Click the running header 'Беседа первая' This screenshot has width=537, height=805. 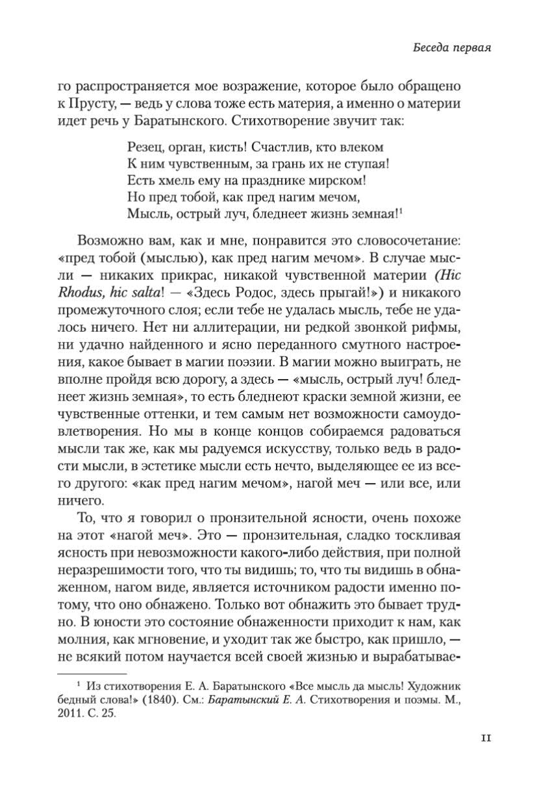[x=453, y=48]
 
